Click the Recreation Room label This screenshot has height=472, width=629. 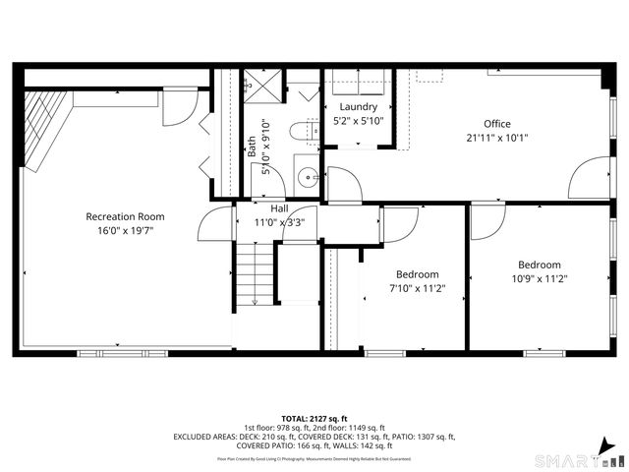tap(125, 216)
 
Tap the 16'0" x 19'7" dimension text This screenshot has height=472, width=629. tap(125, 230)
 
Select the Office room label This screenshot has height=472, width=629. tap(497, 124)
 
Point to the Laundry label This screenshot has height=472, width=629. tap(360, 106)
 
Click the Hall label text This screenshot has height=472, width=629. tap(279, 208)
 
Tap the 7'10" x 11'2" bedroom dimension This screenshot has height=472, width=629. tap(417, 288)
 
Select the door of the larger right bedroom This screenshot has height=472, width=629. tap(486, 221)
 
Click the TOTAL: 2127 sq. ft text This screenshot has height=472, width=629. tap(314, 418)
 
